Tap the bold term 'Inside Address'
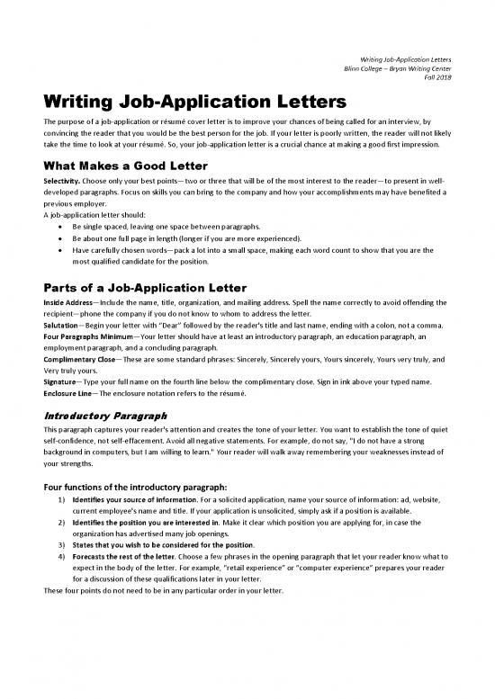67,304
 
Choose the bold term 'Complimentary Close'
77,357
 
